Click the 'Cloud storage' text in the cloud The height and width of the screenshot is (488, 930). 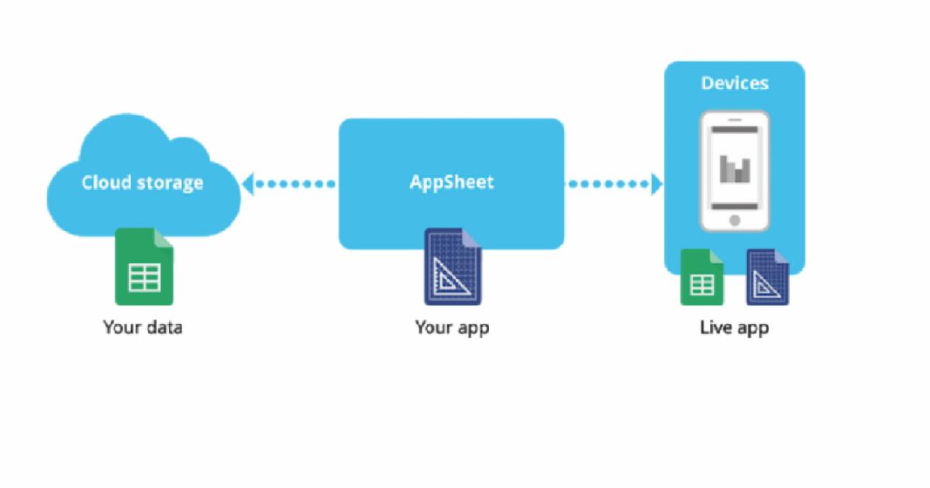(143, 183)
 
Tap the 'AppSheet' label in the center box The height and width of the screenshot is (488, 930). (451, 183)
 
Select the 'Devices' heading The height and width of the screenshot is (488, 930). (735, 83)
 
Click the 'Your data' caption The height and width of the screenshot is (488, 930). (143, 327)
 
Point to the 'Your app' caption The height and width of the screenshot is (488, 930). (452, 327)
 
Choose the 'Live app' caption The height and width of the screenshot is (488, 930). (734, 327)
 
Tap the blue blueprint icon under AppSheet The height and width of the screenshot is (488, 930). (453, 266)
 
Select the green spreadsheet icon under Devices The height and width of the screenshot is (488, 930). (701, 277)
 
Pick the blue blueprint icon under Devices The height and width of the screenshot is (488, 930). (767, 277)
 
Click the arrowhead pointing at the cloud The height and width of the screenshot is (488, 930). (247, 184)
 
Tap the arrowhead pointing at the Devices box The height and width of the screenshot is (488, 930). (657, 184)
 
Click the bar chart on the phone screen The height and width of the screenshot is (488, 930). (734, 168)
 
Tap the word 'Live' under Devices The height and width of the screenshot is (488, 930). (715, 327)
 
